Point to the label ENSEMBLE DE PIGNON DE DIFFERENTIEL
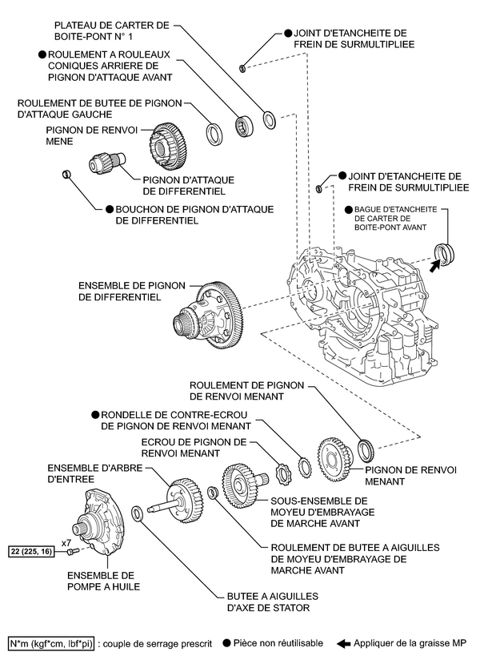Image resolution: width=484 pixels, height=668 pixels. coord(119,291)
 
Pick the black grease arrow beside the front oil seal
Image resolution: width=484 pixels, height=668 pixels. coord(434,266)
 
